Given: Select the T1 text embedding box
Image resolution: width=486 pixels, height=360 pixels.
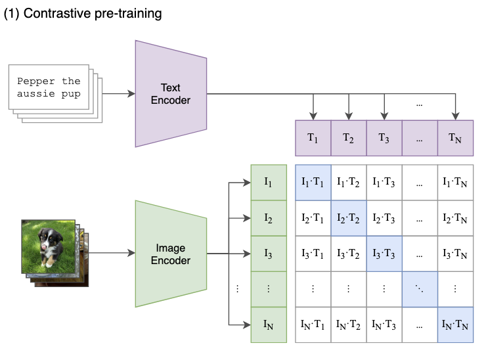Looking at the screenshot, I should click(313, 138).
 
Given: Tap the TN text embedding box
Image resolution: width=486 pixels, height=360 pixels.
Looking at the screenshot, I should click(455, 138).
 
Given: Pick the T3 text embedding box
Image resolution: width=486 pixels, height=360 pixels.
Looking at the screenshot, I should click(384, 138).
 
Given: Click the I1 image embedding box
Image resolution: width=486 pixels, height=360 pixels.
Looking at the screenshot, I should click(269, 182).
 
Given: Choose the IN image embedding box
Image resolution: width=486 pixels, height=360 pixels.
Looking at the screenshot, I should click(269, 325).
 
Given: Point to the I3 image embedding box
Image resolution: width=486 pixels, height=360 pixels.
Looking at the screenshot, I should click(269, 253).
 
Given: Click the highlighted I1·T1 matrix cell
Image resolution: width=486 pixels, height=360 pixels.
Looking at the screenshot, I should click(313, 182).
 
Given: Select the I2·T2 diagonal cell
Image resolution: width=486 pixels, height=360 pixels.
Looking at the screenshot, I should click(348, 217).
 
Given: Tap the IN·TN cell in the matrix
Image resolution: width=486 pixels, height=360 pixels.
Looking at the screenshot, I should click(455, 325).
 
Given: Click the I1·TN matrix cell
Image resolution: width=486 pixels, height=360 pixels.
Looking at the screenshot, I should click(455, 182).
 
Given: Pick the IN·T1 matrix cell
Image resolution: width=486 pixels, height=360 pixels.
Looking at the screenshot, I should click(313, 325).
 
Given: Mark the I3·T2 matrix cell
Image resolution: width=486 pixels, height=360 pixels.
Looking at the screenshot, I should click(348, 253).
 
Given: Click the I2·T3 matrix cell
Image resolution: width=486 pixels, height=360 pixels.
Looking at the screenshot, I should click(384, 217).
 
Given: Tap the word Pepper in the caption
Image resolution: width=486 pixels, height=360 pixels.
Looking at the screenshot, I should click(36, 81).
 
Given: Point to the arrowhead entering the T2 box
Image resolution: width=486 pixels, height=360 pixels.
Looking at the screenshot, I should click(348, 116).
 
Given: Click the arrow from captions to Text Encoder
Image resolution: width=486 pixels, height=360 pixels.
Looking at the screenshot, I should click(118, 93).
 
